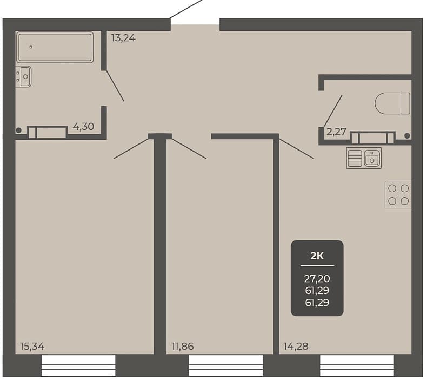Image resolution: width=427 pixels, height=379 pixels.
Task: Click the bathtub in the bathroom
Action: [55, 47]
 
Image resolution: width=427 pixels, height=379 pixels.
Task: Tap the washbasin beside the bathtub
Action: [23, 77]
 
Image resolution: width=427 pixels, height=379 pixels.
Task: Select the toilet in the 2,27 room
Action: [392, 103]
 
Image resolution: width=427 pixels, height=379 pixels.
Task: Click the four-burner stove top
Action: [398, 194]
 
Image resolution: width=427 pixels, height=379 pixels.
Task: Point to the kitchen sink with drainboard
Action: [364, 158]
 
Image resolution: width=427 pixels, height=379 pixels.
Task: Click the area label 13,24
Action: [123, 38]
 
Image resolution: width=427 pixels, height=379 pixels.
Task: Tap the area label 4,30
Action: [83, 126]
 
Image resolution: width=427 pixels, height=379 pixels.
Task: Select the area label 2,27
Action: [336, 132]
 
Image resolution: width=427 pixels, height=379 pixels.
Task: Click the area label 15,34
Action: [32, 347]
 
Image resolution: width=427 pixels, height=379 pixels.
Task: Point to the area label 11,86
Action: [183, 347]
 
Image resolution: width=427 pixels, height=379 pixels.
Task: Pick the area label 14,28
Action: [296, 347]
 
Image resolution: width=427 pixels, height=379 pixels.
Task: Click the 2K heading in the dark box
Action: [317, 256]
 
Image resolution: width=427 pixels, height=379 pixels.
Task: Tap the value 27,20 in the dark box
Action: [317, 279]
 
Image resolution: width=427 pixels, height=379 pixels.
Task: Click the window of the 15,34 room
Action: [78, 365]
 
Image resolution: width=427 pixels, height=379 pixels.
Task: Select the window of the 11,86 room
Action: [226, 365]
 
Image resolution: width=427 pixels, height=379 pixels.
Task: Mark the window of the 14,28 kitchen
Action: [357, 365]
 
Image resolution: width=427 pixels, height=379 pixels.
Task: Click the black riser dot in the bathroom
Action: [18, 130]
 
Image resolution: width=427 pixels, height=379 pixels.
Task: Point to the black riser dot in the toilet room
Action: [407, 135]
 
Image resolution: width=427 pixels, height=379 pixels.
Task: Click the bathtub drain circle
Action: [31, 47]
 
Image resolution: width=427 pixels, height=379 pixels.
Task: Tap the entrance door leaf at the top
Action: [186, 9]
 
